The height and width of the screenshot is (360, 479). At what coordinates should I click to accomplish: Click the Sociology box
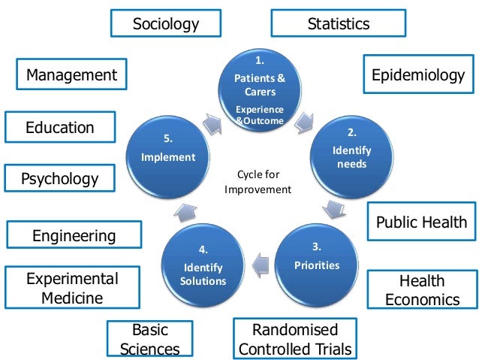point(166,24)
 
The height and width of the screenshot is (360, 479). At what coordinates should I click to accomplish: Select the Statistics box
point(339,24)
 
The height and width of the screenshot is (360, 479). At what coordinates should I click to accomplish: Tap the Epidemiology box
point(418,75)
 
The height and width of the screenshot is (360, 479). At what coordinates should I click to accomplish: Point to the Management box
point(71,74)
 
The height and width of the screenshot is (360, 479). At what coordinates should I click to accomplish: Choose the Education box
point(60,127)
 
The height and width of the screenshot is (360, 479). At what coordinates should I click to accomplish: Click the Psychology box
point(60,179)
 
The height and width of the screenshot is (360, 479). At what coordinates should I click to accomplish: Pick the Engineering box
point(74,236)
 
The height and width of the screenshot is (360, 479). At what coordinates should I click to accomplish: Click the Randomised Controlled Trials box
point(294,340)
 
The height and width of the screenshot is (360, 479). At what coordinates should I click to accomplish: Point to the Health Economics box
point(421,290)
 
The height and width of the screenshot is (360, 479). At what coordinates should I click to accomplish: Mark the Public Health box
point(421,222)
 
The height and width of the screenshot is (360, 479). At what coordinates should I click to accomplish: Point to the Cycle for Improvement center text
point(258,183)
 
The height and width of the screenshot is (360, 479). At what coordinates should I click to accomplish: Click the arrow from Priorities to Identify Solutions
point(260,264)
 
